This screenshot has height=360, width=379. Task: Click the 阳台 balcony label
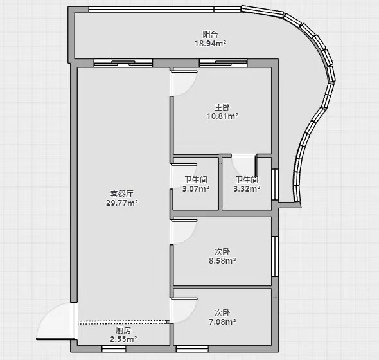pos(210,34)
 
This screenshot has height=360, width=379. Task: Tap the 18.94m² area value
pos(210,44)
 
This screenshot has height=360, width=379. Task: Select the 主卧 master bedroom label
pos(222,107)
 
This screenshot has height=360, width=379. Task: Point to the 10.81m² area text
pos(222,116)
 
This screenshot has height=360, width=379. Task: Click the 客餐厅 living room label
pos(122,194)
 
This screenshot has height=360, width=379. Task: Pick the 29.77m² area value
pos(122,203)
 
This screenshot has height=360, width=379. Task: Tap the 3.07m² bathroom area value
pos(196,189)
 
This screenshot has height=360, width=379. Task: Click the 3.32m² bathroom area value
pos(247,189)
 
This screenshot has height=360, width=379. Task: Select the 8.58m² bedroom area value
pos(222,261)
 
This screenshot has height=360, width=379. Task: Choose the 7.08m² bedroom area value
pos(222,322)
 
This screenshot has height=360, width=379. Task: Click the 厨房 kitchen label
pos(123,330)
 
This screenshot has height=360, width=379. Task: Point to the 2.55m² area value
pos(123,339)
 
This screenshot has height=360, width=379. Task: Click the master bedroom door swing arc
pos(191,89)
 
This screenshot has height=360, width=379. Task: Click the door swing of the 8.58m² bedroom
pos(191,238)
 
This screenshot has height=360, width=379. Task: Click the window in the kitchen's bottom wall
pos(114,348)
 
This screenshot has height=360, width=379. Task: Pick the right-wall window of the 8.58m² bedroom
pos(275,256)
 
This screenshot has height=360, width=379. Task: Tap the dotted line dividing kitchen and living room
pos(123,322)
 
